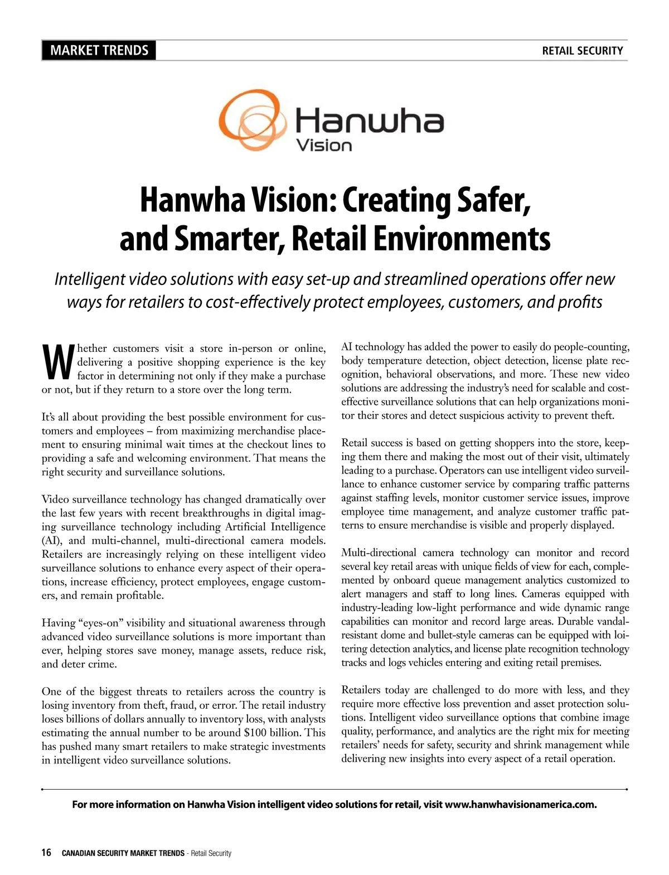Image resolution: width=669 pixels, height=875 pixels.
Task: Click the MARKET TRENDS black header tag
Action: tap(99, 51)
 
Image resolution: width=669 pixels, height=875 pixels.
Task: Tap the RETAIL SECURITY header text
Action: tap(582, 51)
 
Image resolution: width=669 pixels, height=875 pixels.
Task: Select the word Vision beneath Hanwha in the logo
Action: tap(324, 146)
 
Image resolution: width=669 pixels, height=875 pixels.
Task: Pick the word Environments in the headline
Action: tap(461, 239)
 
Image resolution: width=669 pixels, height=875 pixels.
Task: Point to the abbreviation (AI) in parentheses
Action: tap(52, 540)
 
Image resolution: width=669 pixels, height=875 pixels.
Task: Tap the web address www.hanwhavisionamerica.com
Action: tap(521, 804)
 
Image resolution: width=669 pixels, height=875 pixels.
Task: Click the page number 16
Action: tap(46, 853)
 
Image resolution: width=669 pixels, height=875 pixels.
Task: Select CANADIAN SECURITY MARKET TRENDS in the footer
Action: tap(123, 853)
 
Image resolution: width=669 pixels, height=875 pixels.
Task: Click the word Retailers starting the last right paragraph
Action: tap(361, 690)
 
